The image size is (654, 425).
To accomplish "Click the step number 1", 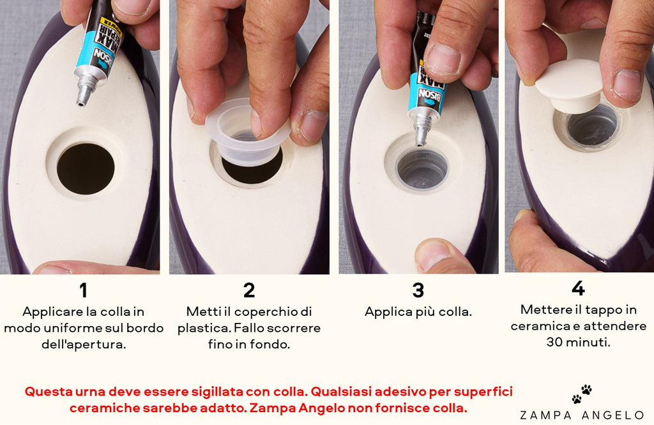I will pos(83,290).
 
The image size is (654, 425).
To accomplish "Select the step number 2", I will pos(249,290).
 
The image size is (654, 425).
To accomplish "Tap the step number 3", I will pos(418,290).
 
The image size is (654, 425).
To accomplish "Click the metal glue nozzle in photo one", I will pos(84,92).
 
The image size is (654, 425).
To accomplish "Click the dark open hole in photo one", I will pos(86,168).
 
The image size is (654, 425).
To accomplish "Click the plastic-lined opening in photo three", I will pos(422,170).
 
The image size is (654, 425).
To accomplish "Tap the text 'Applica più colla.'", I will pos(418,312).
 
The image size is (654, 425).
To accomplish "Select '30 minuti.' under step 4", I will pos(578,341).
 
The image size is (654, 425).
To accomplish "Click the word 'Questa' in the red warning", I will pos(49,391).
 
